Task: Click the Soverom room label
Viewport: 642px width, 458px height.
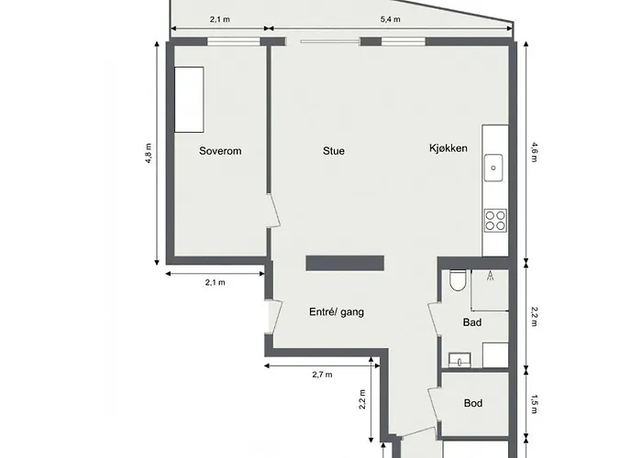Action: click(220, 151)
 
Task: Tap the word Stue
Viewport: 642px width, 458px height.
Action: click(334, 151)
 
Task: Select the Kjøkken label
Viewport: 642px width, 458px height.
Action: click(448, 148)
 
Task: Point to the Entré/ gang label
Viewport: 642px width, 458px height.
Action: click(337, 312)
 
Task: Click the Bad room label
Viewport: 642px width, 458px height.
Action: click(472, 322)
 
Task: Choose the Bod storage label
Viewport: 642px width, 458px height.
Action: click(473, 403)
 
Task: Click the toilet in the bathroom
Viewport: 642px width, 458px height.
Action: click(457, 280)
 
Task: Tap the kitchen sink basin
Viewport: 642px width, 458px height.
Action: click(493, 168)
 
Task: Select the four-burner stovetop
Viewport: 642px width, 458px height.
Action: click(495, 221)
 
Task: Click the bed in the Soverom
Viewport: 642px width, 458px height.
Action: click(189, 100)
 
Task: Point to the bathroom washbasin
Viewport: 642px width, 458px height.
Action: click(459, 360)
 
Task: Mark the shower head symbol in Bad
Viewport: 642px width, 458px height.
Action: click(490, 276)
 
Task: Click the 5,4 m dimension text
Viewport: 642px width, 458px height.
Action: click(390, 19)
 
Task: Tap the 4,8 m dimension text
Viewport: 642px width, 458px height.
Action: click(149, 153)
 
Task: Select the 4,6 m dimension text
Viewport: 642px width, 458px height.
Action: click(534, 152)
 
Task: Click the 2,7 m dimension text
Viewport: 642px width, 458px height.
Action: click(322, 375)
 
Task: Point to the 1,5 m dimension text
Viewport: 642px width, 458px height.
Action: click(534, 404)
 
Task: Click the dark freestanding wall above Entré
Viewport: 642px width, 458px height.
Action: click(345, 264)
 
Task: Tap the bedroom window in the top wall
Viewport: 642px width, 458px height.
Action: click(233, 42)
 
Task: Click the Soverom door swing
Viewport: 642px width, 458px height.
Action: click(274, 211)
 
